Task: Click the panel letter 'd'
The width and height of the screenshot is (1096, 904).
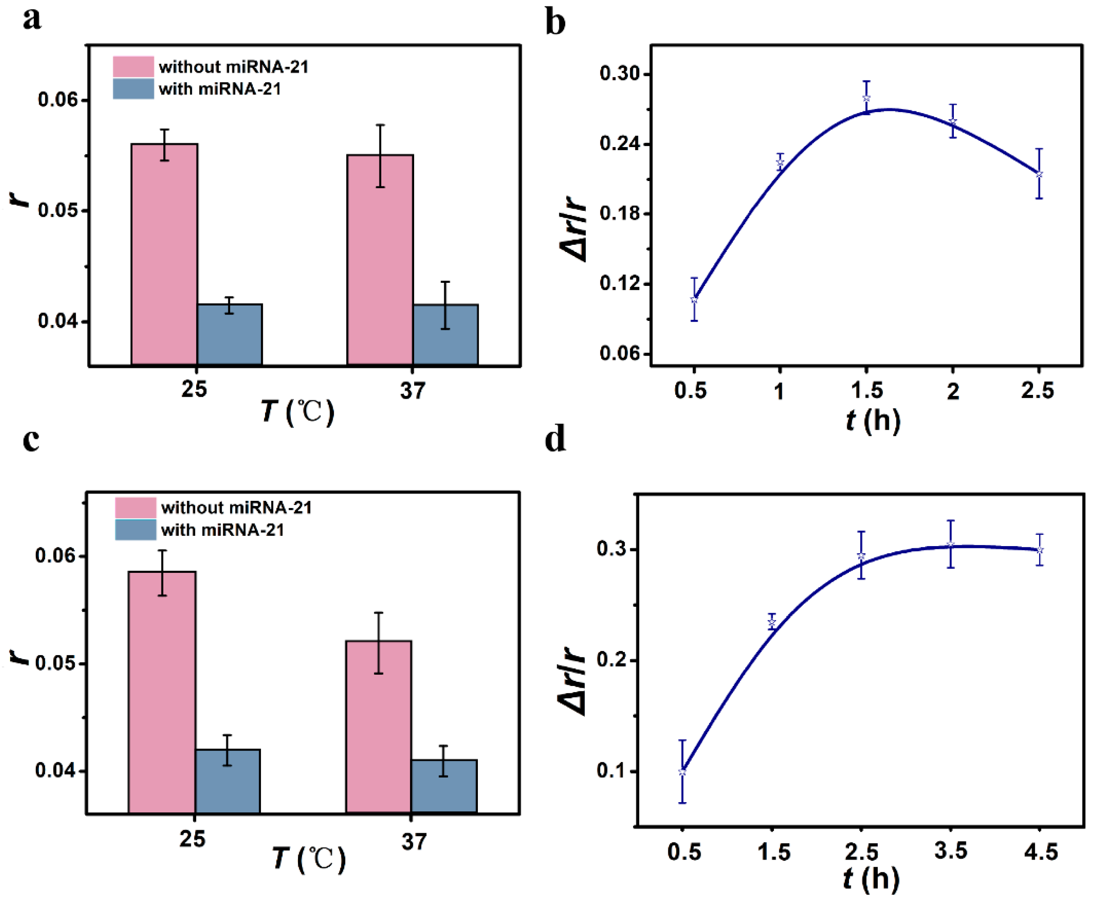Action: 555,439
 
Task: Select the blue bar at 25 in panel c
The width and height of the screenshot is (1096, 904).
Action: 227,781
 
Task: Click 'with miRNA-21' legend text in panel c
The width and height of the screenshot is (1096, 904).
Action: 222,530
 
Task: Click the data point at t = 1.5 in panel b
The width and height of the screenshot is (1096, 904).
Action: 866,98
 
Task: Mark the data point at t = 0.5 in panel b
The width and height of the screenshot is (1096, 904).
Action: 694,300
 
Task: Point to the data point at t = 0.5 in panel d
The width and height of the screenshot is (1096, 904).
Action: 682,772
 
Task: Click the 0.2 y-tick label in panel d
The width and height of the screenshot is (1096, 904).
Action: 613,660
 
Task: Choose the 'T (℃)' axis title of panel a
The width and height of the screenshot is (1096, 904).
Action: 297,412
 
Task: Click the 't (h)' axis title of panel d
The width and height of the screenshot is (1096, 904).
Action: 871,879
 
